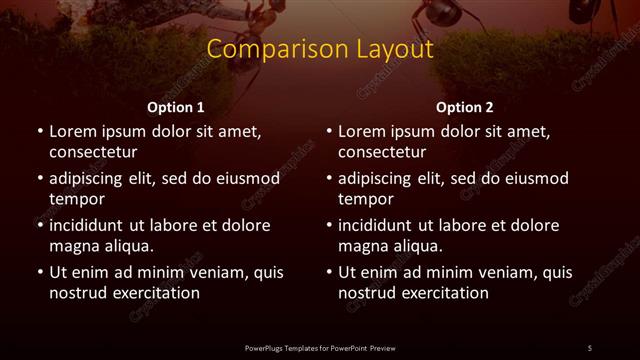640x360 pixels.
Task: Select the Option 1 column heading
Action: click(176, 107)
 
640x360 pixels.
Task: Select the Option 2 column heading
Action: click(465, 107)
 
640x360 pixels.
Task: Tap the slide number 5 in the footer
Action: click(590, 347)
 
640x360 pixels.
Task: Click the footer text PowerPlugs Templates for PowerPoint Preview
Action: click(320, 347)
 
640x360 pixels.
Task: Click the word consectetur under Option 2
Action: click(382, 153)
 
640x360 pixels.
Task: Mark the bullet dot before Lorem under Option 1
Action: click(39, 131)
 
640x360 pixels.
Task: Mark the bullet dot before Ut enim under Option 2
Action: click(328, 272)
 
